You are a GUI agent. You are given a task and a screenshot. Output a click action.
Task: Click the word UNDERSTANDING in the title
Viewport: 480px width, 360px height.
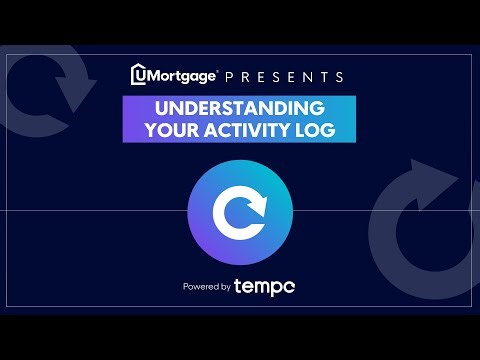pos(239,108)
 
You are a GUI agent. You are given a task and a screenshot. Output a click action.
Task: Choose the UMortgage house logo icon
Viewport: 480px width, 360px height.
pos(141,75)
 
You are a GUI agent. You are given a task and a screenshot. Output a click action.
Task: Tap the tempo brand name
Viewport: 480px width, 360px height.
pos(264,287)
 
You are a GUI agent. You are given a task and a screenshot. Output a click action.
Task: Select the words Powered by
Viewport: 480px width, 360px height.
pos(206,288)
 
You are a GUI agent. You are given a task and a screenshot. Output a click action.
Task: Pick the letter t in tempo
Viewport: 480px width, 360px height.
pos(238,287)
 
